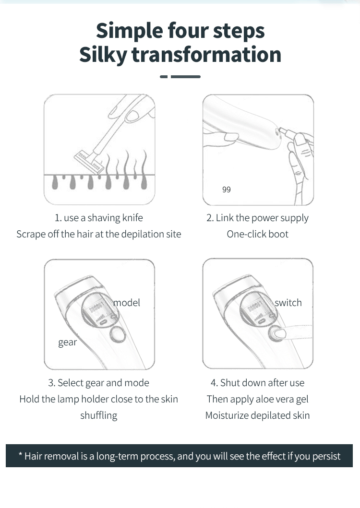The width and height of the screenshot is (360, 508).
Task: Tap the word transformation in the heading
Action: (206, 54)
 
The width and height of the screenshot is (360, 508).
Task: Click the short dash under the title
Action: (164, 77)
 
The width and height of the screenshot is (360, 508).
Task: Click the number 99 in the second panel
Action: (227, 189)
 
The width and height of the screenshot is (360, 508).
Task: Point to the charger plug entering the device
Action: (287, 132)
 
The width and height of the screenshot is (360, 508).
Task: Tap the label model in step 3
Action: (127, 303)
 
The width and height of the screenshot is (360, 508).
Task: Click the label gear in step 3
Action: (68, 343)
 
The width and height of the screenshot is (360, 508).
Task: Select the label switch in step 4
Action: (288, 303)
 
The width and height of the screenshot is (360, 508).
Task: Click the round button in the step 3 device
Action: (118, 334)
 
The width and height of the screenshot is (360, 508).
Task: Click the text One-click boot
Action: (257, 234)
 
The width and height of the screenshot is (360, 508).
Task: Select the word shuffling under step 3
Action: (98, 415)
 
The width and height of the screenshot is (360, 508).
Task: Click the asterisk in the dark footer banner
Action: (20, 454)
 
